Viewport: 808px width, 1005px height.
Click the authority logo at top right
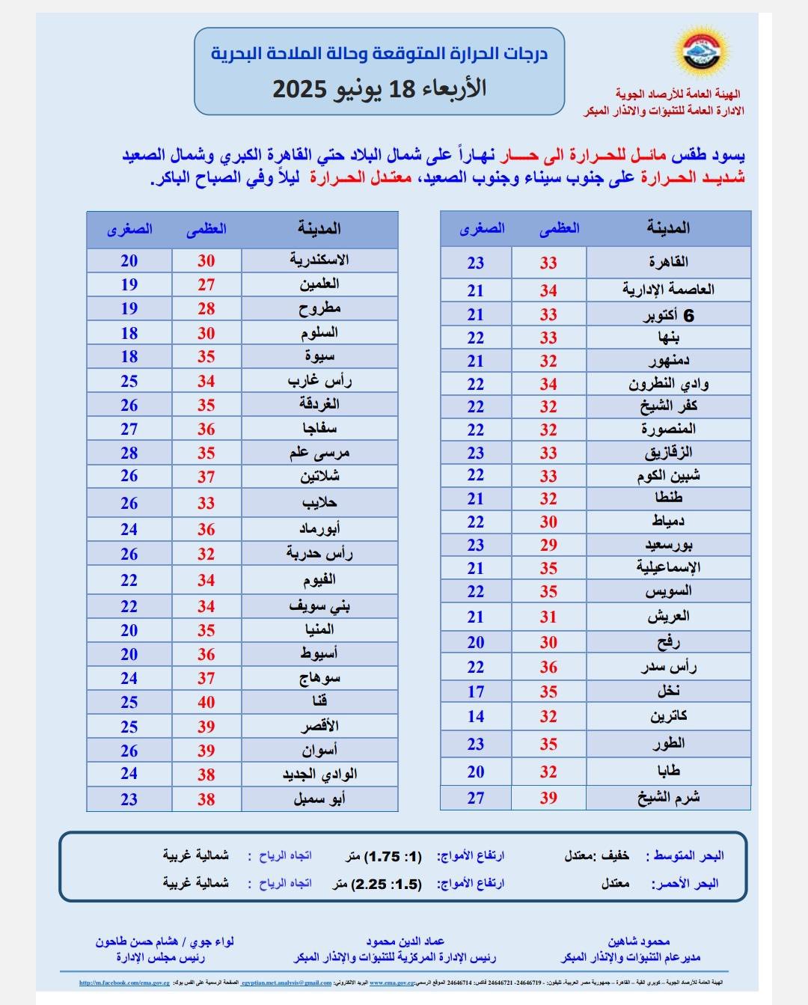pyautogui.click(x=704, y=55)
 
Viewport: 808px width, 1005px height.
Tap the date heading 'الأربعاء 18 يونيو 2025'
pyautogui.click(x=379, y=89)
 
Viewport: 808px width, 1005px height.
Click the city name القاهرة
pyautogui.click(x=669, y=262)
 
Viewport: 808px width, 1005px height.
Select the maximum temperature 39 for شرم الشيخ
pyautogui.click(x=548, y=798)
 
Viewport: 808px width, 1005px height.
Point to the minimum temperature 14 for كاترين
pyautogui.click(x=476, y=716)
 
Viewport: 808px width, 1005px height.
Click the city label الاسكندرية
pyautogui.click(x=319, y=260)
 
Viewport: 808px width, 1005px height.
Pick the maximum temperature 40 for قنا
pyautogui.click(x=206, y=702)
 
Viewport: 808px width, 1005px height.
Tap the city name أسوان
pyautogui.click(x=319, y=750)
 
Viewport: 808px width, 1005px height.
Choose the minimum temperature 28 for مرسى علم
pyautogui.click(x=129, y=453)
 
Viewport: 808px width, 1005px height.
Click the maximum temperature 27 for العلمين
pyautogui.click(x=206, y=284)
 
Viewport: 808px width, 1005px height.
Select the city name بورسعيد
pyautogui.click(x=668, y=544)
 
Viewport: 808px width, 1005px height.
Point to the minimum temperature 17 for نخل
pyautogui.click(x=476, y=692)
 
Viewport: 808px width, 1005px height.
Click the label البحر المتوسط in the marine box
pyautogui.click(x=689, y=855)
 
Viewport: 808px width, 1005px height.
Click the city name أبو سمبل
pyautogui.click(x=319, y=798)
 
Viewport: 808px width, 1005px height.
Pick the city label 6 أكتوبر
pyautogui.click(x=669, y=315)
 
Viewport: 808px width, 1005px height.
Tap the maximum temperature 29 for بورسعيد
pyautogui.click(x=548, y=545)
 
